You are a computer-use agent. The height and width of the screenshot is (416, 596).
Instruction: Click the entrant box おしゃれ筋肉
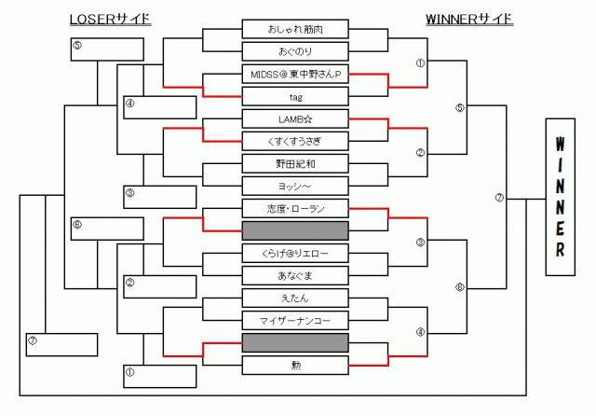[x=295, y=29]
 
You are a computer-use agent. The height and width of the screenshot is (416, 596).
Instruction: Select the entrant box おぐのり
[x=295, y=51]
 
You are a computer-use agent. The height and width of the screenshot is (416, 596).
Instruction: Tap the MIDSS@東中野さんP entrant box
[x=295, y=74]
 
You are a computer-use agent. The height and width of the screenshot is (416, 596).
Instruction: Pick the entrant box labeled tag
[x=295, y=96]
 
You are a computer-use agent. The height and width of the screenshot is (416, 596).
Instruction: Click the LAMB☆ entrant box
[x=295, y=118]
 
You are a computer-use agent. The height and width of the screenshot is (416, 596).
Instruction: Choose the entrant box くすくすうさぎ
[x=295, y=141]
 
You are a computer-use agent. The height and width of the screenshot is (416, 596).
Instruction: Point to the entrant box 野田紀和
[x=295, y=163]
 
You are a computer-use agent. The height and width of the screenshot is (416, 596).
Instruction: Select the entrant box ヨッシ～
[x=295, y=186]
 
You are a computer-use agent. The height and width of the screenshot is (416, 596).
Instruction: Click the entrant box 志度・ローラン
[x=295, y=208]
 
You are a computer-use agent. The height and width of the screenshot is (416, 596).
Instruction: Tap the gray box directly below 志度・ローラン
[x=295, y=230]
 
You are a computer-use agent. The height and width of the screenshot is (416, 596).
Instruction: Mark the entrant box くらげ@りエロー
[x=295, y=253]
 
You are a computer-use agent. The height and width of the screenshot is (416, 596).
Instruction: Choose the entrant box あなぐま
[x=295, y=275]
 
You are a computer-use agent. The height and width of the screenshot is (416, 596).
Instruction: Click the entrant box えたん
[x=295, y=298]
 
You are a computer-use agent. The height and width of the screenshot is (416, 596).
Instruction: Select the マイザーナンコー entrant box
[x=295, y=320]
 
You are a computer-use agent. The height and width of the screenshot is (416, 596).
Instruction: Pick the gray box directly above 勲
[x=295, y=342]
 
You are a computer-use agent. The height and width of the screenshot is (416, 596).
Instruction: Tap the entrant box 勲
[x=295, y=365]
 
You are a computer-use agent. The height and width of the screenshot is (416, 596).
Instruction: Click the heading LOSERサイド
[x=110, y=19]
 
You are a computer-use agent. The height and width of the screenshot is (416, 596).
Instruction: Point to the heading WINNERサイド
[x=469, y=19]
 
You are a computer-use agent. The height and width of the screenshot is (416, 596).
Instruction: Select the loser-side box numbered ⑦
[x=61, y=345]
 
